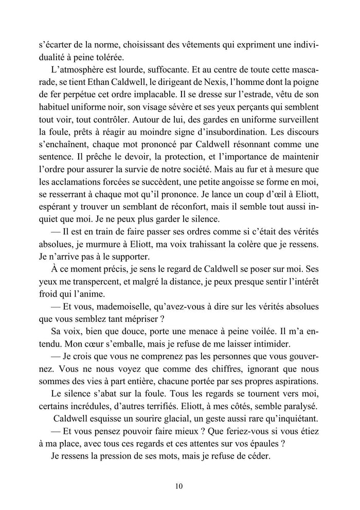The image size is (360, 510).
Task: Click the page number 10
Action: (179, 485)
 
